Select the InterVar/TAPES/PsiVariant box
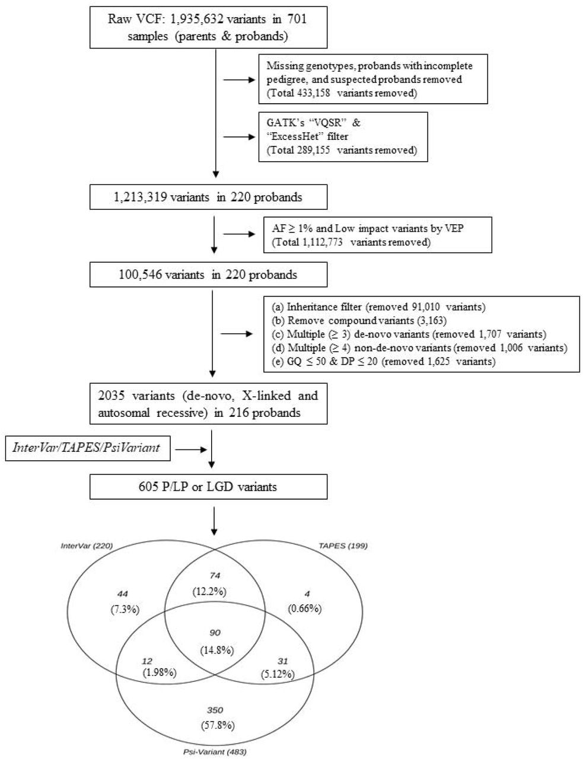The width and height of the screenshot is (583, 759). pos(88,448)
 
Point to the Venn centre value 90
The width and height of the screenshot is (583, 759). pos(215,633)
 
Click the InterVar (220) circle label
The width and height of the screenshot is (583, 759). pos(87,546)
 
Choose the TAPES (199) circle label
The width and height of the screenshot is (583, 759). pos(343,546)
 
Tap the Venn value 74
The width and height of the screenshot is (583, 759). pos(215,575)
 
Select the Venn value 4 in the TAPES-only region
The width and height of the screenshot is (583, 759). pos(307,594)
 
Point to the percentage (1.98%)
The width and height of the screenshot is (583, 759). pos(160,672)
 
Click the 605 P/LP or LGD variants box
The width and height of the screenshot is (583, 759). pos(209,487)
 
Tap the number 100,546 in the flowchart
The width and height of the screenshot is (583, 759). pos(141,275)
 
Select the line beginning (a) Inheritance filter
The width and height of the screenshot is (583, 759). pos(378,307)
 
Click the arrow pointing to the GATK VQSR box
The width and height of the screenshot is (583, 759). pos(239,137)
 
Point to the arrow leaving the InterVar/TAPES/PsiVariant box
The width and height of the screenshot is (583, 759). pos(191,449)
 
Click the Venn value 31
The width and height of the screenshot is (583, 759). pos(282,661)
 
